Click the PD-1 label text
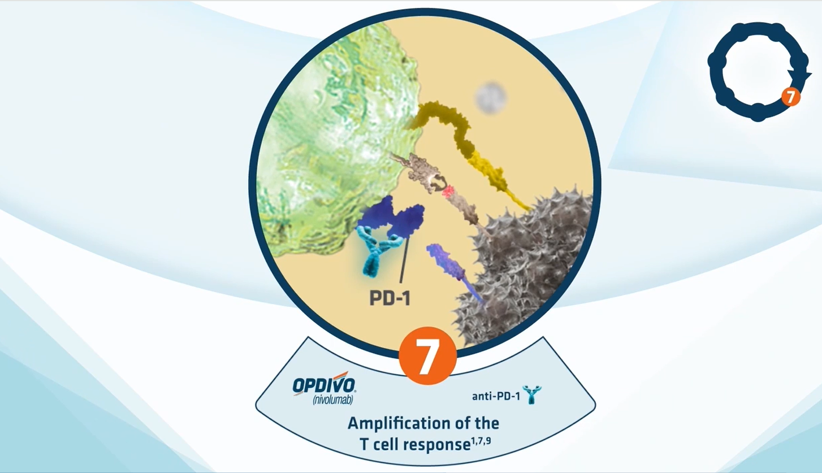pyautogui.click(x=390, y=298)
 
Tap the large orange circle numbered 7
pyautogui.click(x=427, y=355)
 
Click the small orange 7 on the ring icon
pyautogui.click(x=790, y=97)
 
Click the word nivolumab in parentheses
pyautogui.click(x=333, y=399)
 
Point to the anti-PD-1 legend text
pyautogui.click(x=496, y=396)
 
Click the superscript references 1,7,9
pyautogui.click(x=481, y=440)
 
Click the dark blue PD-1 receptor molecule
pyautogui.click(x=391, y=217)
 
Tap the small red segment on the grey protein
pyautogui.click(x=448, y=192)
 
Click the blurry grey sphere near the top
pyautogui.click(x=491, y=98)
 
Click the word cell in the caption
pyautogui.click(x=386, y=444)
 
